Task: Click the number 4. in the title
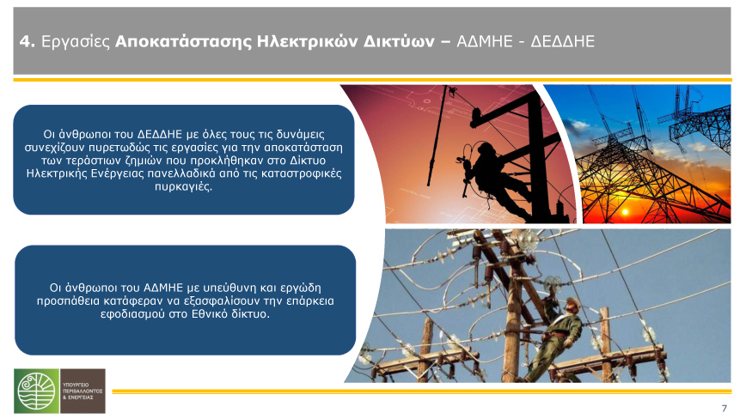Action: click(x=28, y=42)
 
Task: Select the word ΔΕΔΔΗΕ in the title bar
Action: click(x=562, y=42)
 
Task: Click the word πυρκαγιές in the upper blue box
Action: click(x=183, y=186)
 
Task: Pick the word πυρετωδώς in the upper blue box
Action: click(x=117, y=148)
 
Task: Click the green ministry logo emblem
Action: click(x=37, y=391)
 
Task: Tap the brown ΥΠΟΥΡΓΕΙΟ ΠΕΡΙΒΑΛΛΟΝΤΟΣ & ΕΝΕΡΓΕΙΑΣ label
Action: click(x=83, y=391)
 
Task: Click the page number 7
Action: click(x=725, y=409)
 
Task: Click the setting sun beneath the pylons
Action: click(x=625, y=211)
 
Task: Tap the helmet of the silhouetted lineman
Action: click(x=486, y=148)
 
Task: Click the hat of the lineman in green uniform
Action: click(x=573, y=302)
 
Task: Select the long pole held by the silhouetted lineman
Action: click(x=437, y=136)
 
